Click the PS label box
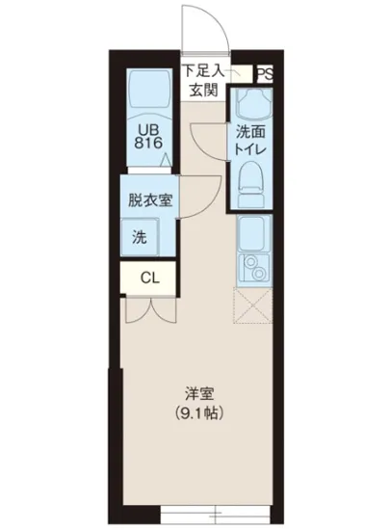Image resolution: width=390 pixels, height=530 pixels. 263,72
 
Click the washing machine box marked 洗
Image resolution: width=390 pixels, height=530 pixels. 141,237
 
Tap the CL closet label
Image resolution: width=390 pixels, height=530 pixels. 148,278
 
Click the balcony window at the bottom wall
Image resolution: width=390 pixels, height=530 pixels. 198,509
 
